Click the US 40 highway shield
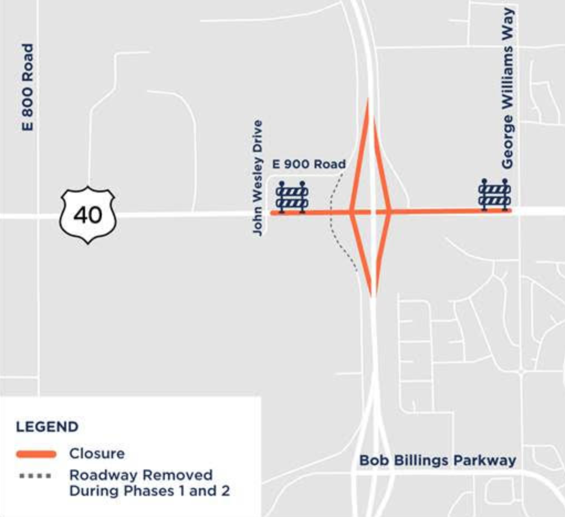(x=88, y=215)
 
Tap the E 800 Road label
(x=27, y=87)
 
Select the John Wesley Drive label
(x=258, y=178)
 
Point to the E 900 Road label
(x=309, y=164)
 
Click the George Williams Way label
(x=508, y=89)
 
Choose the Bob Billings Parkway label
(x=437, y=460)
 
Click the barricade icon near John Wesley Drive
(x=292, y=196)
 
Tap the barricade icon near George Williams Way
(x=494, y=194)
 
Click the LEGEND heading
(x=47, y=427)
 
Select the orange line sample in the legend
(x=36, y=454)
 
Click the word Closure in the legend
(x=97, y=453)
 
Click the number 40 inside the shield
(x=88, y=214)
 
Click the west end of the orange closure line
(x=272, y=212)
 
